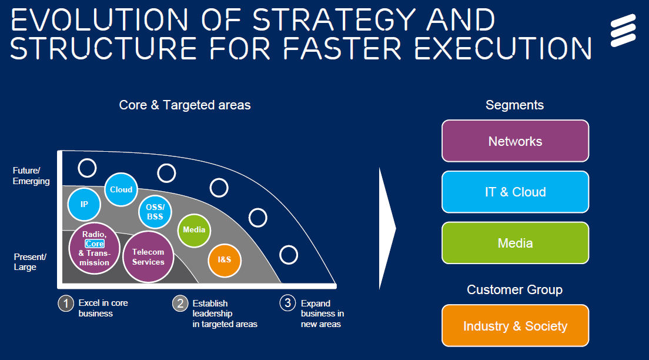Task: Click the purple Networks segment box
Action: pyautogui.click(x=515, y=141)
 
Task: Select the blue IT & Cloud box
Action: pyautogui.click(x=515, y=192)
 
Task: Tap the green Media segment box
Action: pyautogui.click(x=515, y=243)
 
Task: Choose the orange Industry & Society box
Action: pyautogui.click(x=515, y=326)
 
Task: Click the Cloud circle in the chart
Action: pyautogui.click(x=121, y=189)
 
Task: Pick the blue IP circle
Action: pyautogui.click(x=84, y=204)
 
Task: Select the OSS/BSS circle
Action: pyautogui.click(x=155, y=212)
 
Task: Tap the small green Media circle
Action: pyautogui.click(x=194, y=229)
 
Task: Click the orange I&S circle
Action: pyautogui.click(x=225, y=259)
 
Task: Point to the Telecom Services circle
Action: pyautogui.click(x=148, y=256)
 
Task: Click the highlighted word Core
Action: pyautogui.click(x=95, y=244)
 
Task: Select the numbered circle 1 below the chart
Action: pyautogui.click(x=66, y=304)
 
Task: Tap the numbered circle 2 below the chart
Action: pyautogui.click(x=180, y=304)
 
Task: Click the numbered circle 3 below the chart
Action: pyautogui.click(x=287, y=303)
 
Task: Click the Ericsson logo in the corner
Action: pyautogui.click(x=624, y=31)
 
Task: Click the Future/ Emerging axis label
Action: pyautogui.click(x=31, y=176)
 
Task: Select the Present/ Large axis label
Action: pyautogui.click(x=29, y=262)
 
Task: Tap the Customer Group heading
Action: pyautogui.click(x=514, y=290)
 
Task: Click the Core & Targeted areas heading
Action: pyautogui.click(x=185, y=105)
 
